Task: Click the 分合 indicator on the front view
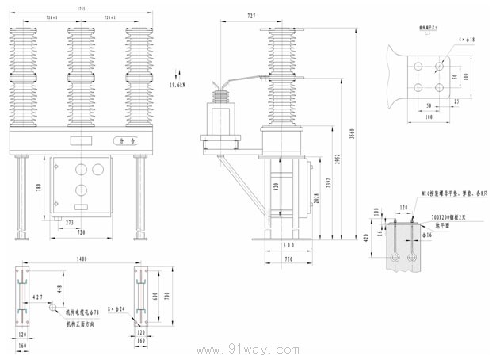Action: [124, 141]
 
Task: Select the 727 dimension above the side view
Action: [251, 15]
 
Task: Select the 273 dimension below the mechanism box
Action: [70, 222]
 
